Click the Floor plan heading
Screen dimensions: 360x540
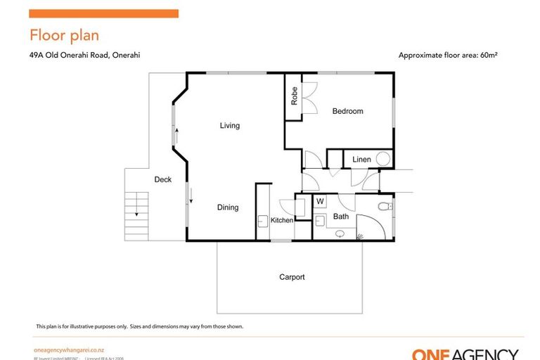[x=64, y=35]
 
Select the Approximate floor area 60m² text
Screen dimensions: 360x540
[x=452, y=55]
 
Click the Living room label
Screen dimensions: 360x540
[x=229, y=126]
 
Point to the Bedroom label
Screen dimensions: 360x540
[x=347, y=111]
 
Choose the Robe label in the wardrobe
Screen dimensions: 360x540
[x=294, y=96]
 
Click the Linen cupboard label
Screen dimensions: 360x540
[x=361, y=160]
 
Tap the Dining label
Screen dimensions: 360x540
[x=227, y=207]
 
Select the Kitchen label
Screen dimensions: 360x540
[x=282, y=221]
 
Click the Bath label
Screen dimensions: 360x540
[x=341, y=217]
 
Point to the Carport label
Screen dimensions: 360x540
[x=292, y=277]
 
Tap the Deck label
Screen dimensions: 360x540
[x=162, y=180]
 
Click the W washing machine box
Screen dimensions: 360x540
[x=320, y=202]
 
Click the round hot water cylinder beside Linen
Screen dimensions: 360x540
[x=383, y=159]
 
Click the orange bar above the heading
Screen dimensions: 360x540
[x=103, y=13]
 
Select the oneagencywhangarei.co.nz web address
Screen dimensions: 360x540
[x=69, y=350]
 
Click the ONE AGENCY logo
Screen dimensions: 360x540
[x=465, y=354]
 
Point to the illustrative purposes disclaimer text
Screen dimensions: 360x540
[x=139, y=326]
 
